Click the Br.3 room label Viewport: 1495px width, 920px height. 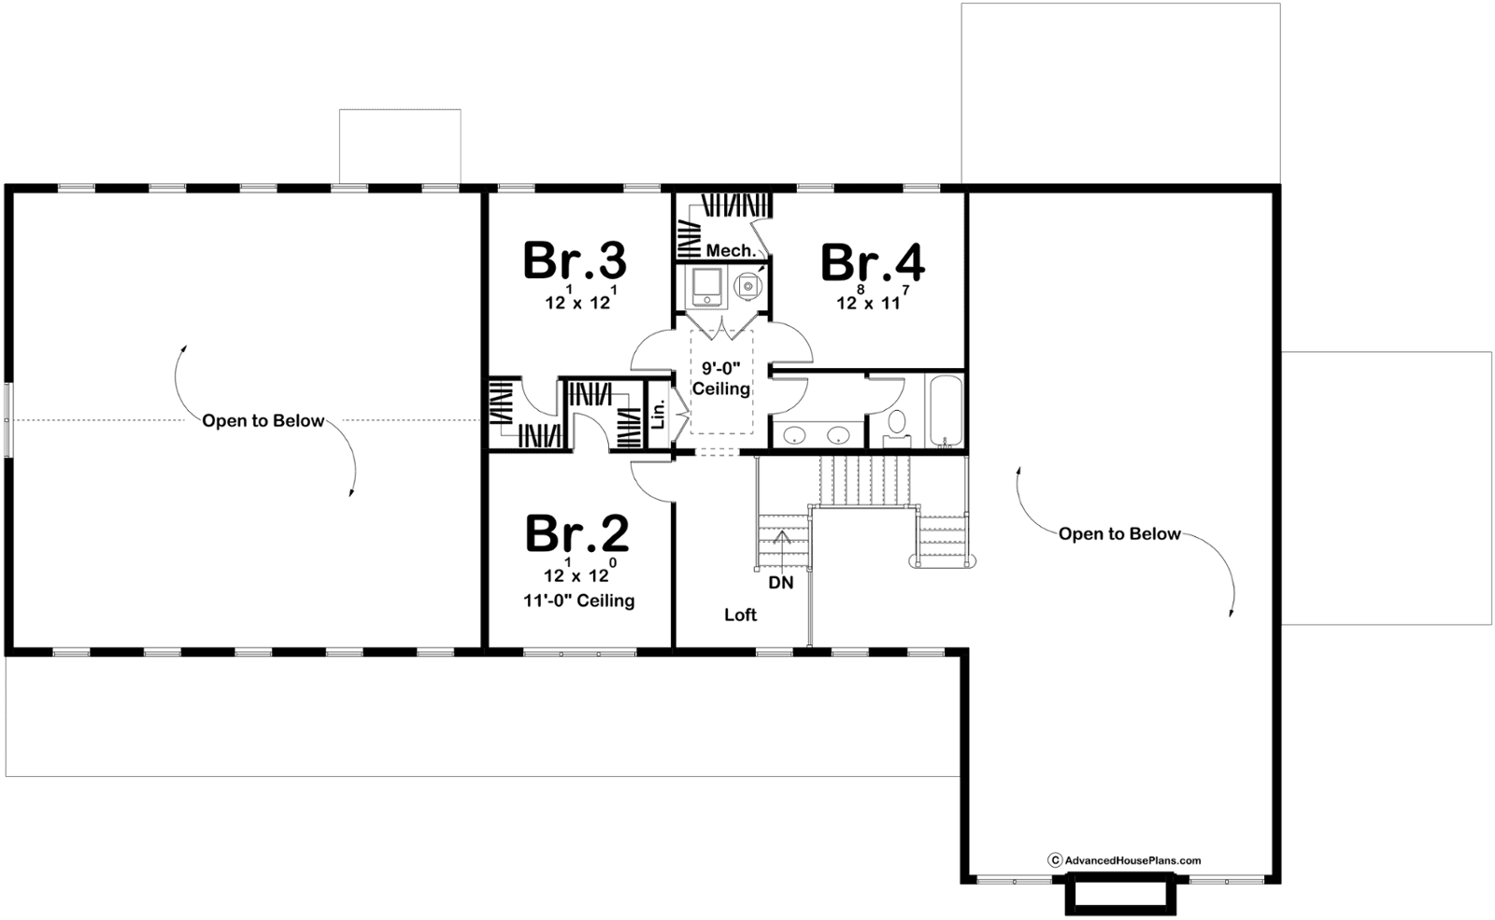pyautogui.click(x=575, y=261)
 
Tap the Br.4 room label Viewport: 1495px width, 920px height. pyautogui.click(x=873, y=262)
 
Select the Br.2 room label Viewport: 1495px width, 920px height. pyautogui.click(x=577, y=533)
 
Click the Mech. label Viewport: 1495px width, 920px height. pyautogui.click(x=732, y=251)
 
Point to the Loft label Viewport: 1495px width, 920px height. pyautogui.click(x=741, y=615)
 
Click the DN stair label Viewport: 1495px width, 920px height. pyautogui.click(x=781, y=583)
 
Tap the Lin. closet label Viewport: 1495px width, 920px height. pyautogui.click(x=659, y=415)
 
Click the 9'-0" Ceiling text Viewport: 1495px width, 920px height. pyautogui.click(x=720, y=378)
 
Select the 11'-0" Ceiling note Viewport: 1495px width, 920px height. pyautogui.click(x=578, y=601)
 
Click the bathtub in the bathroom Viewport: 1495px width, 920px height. pyautogui.click(x=946, y=410)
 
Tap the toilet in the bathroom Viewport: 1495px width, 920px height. pyautogui.click(x=896, y=429)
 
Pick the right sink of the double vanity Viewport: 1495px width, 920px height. pyautogui.click(x=837, y=435)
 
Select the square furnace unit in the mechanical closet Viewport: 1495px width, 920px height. pyautogui.click(x=706, y=287)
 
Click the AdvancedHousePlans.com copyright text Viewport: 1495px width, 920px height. pyautogui.click(x=1125, y=860)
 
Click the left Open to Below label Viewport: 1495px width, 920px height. pyautogui.click(x=263, y=421)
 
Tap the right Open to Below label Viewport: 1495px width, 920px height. pyautogui.click(x=1119, y=533)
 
